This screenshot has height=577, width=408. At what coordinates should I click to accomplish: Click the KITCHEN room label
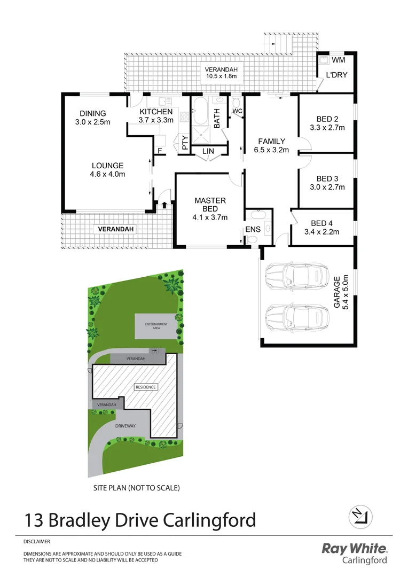[x=156, y=111]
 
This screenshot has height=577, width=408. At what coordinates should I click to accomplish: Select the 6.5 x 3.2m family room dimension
[x=271, y=150]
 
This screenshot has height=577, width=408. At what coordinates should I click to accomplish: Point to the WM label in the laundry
[x=338, y=61]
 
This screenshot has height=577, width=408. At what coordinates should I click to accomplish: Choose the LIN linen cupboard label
[x=208, y=152]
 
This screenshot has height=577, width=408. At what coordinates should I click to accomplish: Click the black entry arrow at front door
[x=164, y=204]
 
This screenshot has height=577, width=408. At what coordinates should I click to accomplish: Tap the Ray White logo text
[x=355, y=548]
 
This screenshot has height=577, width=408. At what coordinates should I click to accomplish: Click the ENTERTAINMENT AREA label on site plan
[x=156, y=326]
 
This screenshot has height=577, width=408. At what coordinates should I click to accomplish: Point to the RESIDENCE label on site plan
[x=145, y=387]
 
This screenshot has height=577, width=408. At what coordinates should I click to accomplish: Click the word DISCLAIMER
[x=36, y=541]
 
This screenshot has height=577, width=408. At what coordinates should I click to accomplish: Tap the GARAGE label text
[x=336, y=293]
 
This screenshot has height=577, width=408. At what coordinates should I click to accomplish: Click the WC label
[x=237, y=111]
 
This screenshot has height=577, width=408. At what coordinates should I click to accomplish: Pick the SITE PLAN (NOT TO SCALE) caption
[x=136, y=488]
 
